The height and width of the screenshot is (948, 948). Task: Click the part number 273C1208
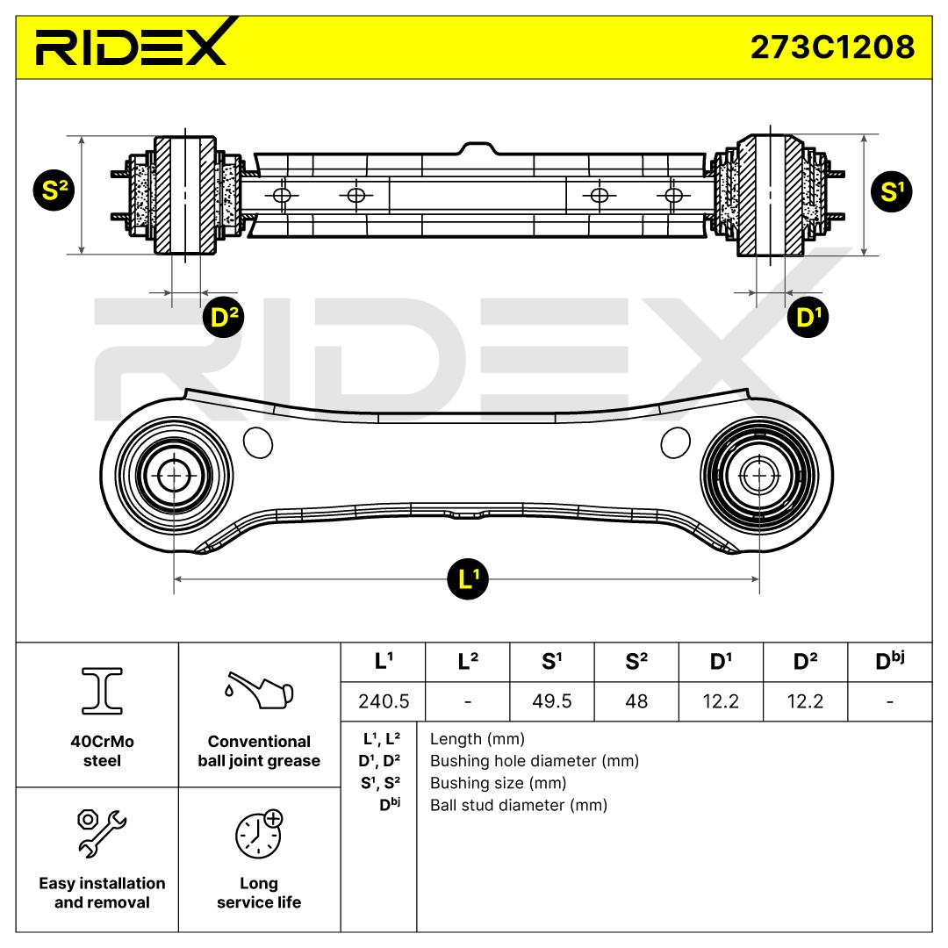(831, 45)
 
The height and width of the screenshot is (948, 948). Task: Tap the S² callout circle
(54, 192)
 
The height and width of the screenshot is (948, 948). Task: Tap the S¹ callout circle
(892, 192)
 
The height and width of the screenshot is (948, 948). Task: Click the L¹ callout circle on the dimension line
(468, 579)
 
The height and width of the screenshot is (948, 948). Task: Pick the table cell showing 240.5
(382, 701)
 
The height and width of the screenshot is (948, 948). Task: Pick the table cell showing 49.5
(551, 701)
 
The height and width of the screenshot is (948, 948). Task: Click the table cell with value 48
(636, 701)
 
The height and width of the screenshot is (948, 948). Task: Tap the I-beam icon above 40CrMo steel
(101, 690)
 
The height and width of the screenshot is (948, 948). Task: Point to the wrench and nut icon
(101, 831)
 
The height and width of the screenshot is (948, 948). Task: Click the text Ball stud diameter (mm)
(518, 805)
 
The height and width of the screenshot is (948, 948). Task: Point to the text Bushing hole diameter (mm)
(534, 761)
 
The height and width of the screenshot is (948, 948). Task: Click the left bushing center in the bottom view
(174, 477)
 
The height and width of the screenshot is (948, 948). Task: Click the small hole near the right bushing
(674, 442)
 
